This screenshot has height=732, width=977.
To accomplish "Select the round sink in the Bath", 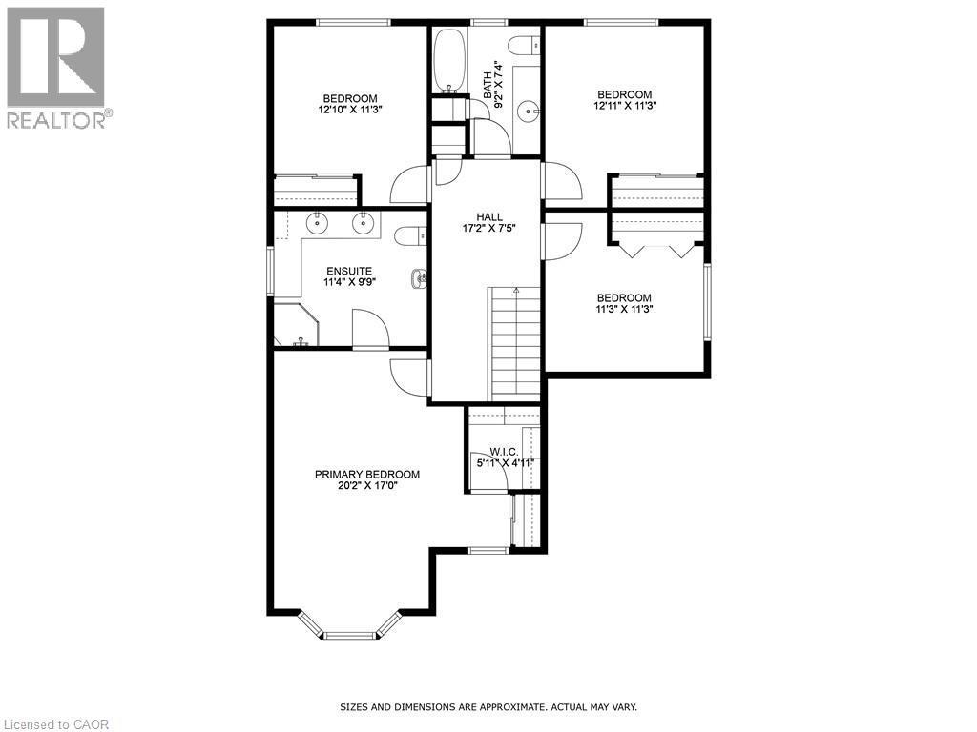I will point(528,112).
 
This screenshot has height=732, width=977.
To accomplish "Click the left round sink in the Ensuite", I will point(317,224).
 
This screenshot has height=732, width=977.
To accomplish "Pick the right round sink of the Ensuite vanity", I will point(363,224).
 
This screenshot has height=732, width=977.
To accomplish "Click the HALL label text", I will point(490,217).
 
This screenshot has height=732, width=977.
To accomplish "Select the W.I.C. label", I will point(503,452).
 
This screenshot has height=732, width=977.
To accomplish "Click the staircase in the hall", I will point(515,343).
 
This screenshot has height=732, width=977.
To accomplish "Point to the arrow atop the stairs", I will point(515,290).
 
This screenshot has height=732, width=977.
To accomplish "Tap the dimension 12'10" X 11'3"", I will point(349,110).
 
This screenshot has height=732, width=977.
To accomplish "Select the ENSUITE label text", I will point(349,271).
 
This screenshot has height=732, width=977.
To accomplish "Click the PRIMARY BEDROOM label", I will point(367,474).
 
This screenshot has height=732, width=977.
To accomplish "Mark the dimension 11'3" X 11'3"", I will point(624,309).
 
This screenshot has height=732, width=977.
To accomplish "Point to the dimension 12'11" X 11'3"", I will point(624,106).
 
